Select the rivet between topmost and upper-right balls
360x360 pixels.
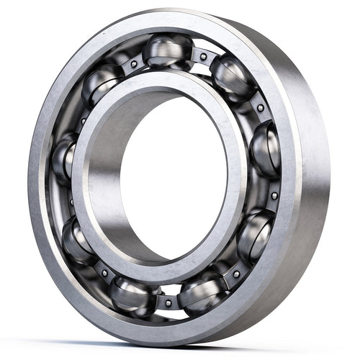pyautogui.click(x=203, y=55)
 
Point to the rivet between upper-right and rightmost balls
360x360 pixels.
pyautogui.click(x=260, y=107)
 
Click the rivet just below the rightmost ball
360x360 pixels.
pyautogui.click(x=274, y=195)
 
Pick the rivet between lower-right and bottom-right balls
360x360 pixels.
pyautogui.click(x=236, y=274)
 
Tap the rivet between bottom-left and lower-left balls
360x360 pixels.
pyautogui.click(x=104, y=272)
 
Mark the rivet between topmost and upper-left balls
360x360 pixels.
pyautogui.click(x=133, y=63)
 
